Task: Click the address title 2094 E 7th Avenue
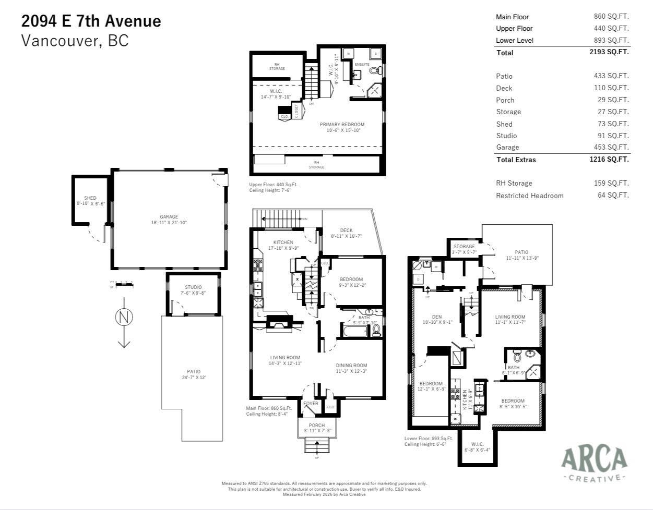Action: click(91, 21)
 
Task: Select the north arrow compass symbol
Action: click(124, 317)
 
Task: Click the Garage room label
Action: click(169, 217)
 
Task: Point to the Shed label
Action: click(90, 198)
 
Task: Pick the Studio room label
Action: click(193, 287)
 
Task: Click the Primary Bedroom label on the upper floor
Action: click(342, 125)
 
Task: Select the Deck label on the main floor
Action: click(346, 230)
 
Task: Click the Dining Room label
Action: click(351, 366)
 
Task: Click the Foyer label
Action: click(311, 404)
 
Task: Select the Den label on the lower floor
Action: click(437, 317)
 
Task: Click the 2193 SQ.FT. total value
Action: click(609, 52)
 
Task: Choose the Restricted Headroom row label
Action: click(529, 196)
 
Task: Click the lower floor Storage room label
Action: click(464, 247)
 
